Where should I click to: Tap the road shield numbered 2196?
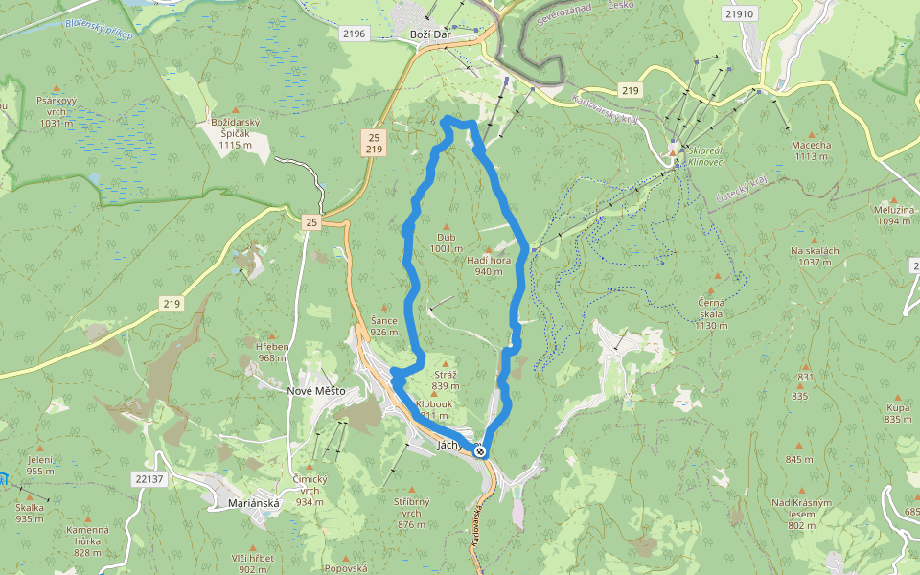[x=354, y=34]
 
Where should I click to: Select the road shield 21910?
[x=740, y=14]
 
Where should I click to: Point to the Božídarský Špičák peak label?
[x=237, y=133]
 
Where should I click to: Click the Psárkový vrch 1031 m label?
[x=55, y=110]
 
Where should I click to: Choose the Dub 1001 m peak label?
[x=446, y=242]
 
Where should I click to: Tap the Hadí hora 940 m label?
[x=489, y=265]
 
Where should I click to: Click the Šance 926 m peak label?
[x=384, y=326]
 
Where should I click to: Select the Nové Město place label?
[x=315, y=391]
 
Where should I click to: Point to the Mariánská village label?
[x=253, y=502]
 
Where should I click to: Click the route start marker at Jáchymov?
[x=480, y=451]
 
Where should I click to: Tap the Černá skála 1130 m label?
[x=712, y=313]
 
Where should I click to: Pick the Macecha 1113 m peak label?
[x=811, y=150]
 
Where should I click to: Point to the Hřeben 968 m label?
[x=272, y=352]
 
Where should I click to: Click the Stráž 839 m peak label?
[x=446, y=380]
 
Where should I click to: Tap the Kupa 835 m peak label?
[x=898, y=413]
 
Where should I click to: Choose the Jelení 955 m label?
[x=40, y=465]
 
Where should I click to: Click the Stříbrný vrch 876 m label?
[x=411, y=513]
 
